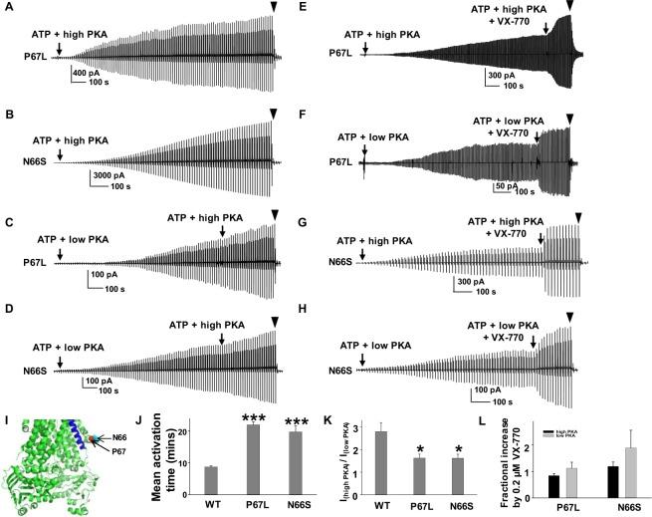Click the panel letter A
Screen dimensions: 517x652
click(x=10, y=9)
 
